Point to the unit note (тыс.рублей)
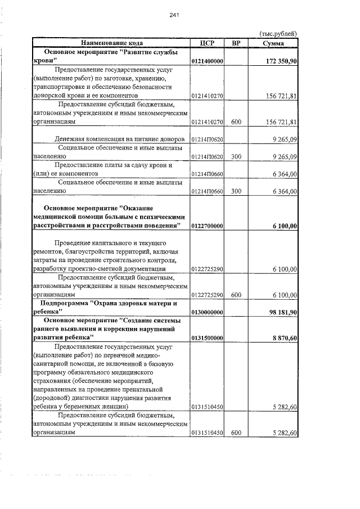pyautogui.click(x=277, y=34)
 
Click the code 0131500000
pyautogui.click(x=208, y=338)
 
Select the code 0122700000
pyautogui.click(x=208, y=226)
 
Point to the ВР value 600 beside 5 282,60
pyautogui.click(x=236, y=433)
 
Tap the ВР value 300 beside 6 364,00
pyautogui.click(x=236, y=191)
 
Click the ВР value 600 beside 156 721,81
pyautogui.click(x=236, y=121)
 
